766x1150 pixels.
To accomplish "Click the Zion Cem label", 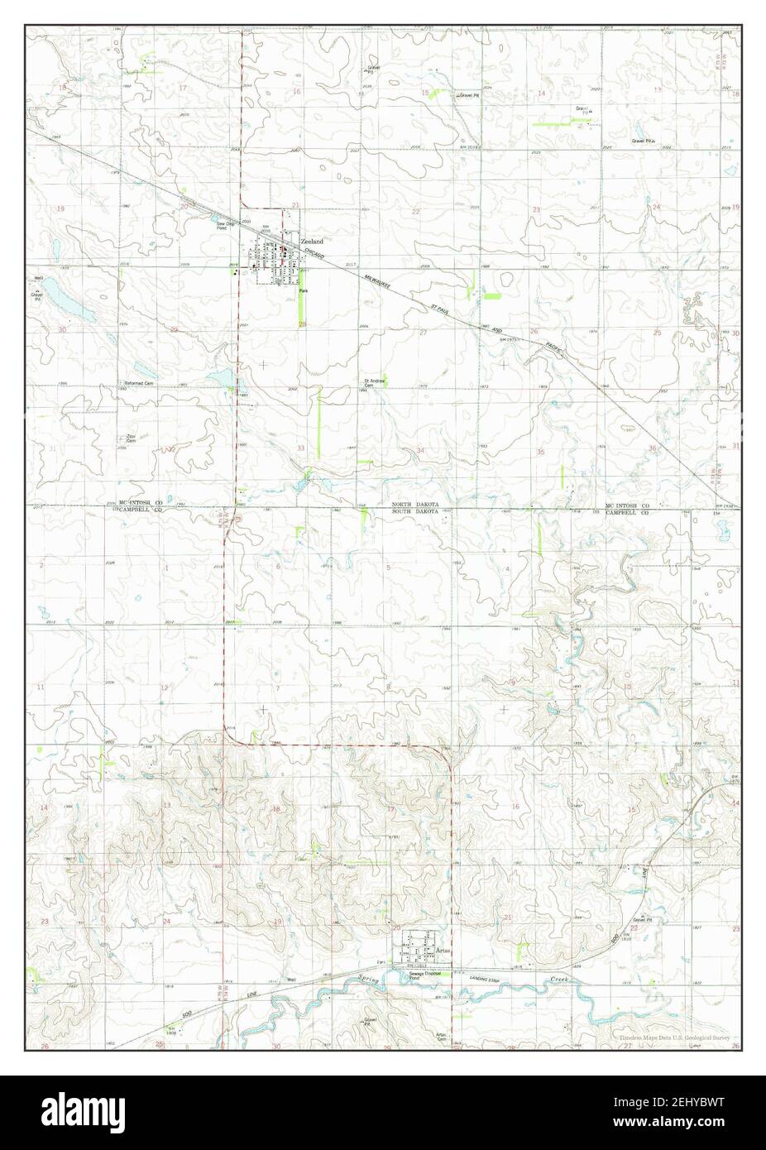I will [130, 437].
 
